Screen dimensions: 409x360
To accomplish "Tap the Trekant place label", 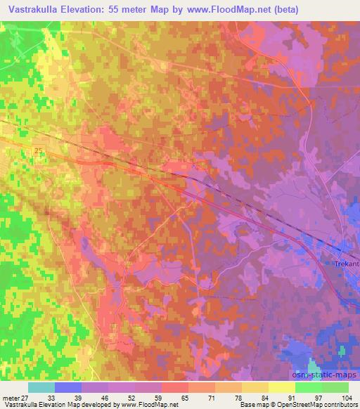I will pos(345,264).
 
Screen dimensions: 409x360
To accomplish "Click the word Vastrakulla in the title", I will pos(36,10).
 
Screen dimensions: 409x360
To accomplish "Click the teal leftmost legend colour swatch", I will pos(41,387).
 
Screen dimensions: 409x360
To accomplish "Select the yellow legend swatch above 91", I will pos(282,387).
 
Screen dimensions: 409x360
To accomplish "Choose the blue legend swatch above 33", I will pos(68,387).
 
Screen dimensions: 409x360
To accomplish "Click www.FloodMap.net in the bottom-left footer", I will pos(148,405).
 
